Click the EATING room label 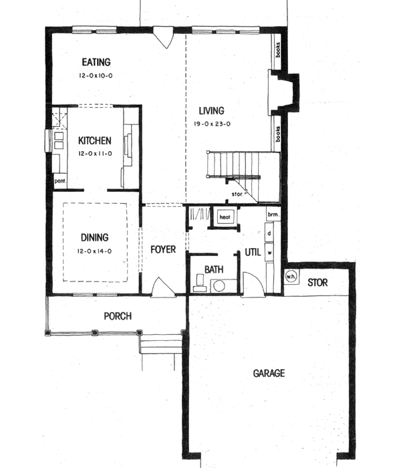coord(98,63)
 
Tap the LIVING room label coord(211,111)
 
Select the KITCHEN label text coord(95,141)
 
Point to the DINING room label coord(95,237)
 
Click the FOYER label coord(163,249)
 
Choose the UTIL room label coord(252,253)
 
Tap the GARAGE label coord(269,373)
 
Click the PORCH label coord(117,316)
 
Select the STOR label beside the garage coord(317,283)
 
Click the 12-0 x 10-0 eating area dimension coord(98,77)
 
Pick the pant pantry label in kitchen coord(59,181)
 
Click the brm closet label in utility coord(272,215)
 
